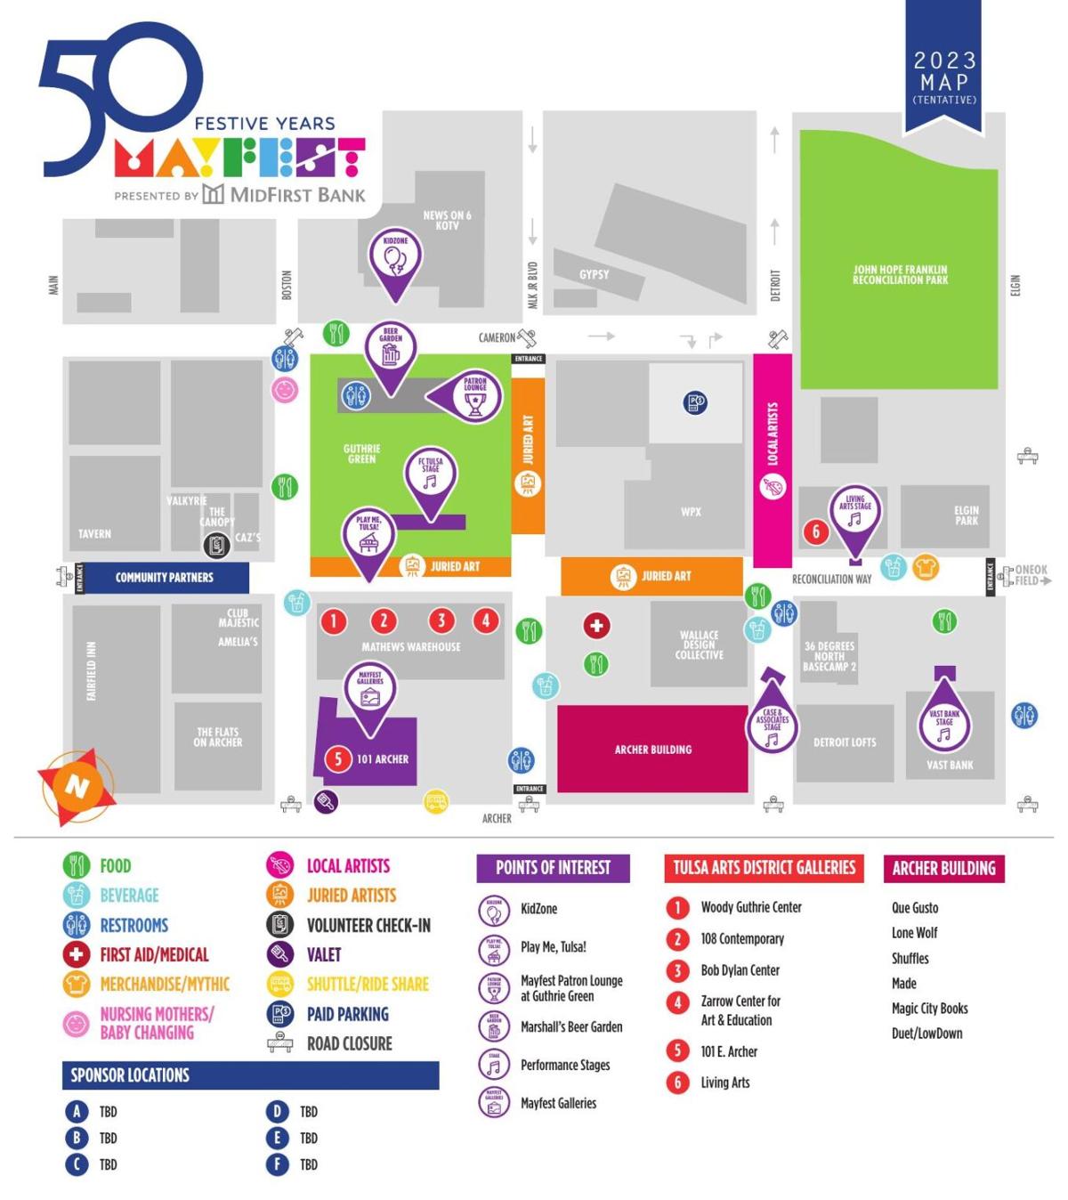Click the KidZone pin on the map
tap(395, 259)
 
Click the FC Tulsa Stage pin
tap(430, 476)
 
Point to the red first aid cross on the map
tap(596, 626)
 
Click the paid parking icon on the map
tap(696, 402)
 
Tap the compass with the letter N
tap(77, 786)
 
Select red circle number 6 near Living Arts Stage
tap(816, 531)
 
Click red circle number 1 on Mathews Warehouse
tap(333, 620)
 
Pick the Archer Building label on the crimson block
tap(652, 750)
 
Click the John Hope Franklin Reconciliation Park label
tap(900, 274)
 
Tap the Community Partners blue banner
tap(165, 578)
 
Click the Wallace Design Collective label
tap(699, 645)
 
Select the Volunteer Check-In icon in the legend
tap(280, 925)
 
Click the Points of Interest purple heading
tap(553, 868)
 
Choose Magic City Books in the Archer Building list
tap(929, 1009)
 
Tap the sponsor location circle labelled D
tap(277, 1111)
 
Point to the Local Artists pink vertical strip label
tap(773, 434)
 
